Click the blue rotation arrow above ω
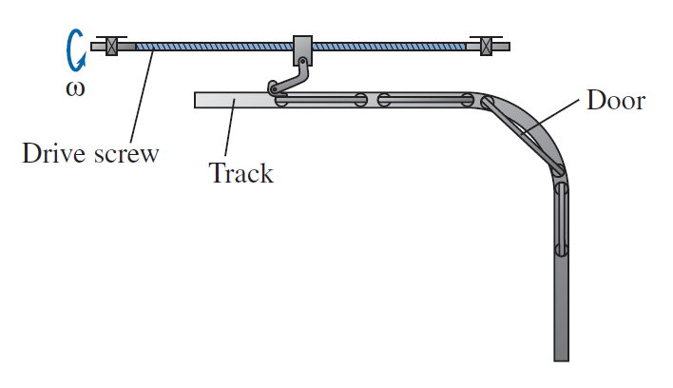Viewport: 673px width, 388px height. pyautogui.click(x=72, y=48)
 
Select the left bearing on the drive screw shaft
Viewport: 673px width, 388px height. pyautogui.click(x=111, y=46)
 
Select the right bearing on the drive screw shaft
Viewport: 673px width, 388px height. pyautogui.click(x=487, y=46)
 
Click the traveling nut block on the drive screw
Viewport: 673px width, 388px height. pyautogui.click(x=302, y=48)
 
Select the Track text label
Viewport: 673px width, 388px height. pyautogui.click(x=240, y=174)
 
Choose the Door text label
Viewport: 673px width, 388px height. pyautogui.click(x=615, y=100)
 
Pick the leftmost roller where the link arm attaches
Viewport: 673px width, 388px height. pyautogui.click(x=280, y=99)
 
